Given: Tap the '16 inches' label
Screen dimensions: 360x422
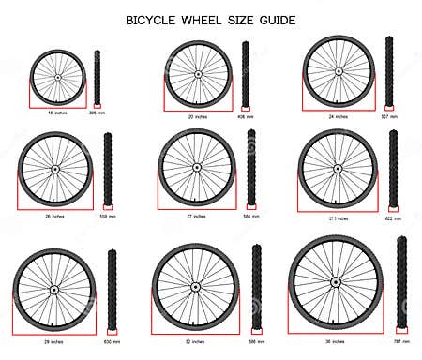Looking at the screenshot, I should point(58,112).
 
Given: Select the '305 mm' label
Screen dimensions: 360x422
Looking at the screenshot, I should point(97,112).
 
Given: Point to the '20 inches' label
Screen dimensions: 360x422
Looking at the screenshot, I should point(197,116).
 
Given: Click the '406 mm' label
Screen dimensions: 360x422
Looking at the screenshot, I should point(246,116).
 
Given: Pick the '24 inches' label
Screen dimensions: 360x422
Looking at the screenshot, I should point(338,116).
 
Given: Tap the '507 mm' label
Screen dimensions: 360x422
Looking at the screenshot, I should point(389,116).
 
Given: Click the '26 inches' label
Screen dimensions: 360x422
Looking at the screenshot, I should point(54,216).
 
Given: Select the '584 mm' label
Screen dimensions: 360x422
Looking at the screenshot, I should point(250,215).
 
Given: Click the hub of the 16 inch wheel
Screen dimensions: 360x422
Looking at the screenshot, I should point(58,77).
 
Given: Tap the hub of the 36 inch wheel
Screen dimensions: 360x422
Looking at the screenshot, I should point(335,281).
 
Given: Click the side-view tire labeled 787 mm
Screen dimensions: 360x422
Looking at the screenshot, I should point(402,281).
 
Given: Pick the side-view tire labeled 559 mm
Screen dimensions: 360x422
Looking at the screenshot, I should point(108,169).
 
